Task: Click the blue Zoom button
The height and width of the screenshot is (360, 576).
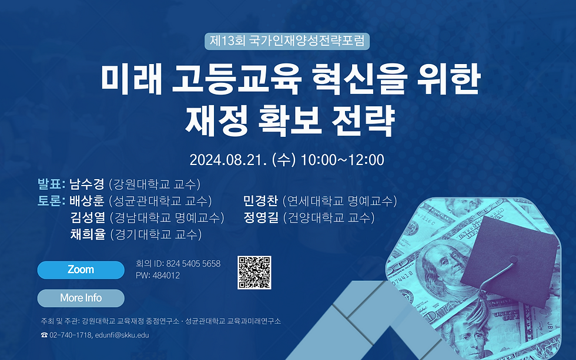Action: click(x=81, y=270)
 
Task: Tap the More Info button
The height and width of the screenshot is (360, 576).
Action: click(x=81, y=298)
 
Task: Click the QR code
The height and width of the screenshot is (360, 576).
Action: click(x=254, y=272)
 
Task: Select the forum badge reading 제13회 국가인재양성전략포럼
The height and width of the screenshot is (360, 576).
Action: click(x=287, y=41)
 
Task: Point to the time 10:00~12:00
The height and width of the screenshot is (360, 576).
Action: click(x=342, y=159)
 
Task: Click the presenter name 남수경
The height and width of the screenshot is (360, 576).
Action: click(x=86, y=183)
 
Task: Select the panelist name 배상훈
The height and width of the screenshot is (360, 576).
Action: click(x=87, y=201)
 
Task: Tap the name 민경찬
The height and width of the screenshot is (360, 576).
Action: click(x=260, y=201)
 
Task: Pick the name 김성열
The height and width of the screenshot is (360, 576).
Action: click(x=87, y=218)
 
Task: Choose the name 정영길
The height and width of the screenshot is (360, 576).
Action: click(x=260, y=218)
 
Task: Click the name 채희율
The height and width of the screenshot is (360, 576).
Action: click(x=87, y=235)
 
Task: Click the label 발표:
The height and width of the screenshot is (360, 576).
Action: click(x=51, y=183)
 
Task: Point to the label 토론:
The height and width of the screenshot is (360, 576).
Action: click(x=51, y=201)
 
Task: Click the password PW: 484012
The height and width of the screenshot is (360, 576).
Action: click(x=158, y=275)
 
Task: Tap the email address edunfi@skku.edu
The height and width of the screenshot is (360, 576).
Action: click(x=122, y=335)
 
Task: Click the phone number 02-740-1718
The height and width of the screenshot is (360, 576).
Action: click(x=71, y=335)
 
